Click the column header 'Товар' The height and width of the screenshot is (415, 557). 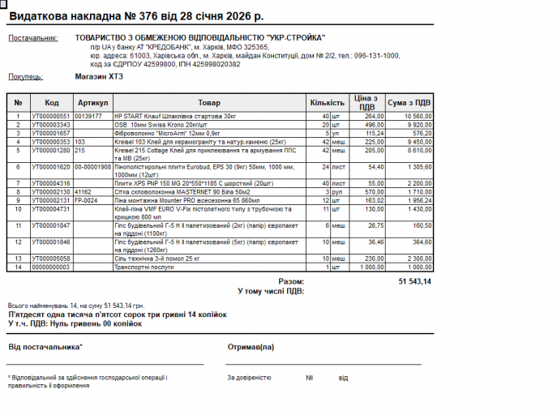[x=208, y=103]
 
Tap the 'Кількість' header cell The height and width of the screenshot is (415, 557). [x=327, y=103]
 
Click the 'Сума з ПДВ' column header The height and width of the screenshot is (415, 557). [x=409, y=103]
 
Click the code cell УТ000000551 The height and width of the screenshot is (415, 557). [x=50, y=117]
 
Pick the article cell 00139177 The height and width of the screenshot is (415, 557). [x=88, y=117]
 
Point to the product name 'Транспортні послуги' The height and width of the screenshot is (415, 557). [x=144, y=267]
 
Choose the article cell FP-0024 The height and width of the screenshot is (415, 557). [x=86, y=200]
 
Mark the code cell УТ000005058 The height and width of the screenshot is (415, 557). [x=50, y=259]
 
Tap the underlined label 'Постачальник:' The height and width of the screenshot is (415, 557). [x=33, y=38]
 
